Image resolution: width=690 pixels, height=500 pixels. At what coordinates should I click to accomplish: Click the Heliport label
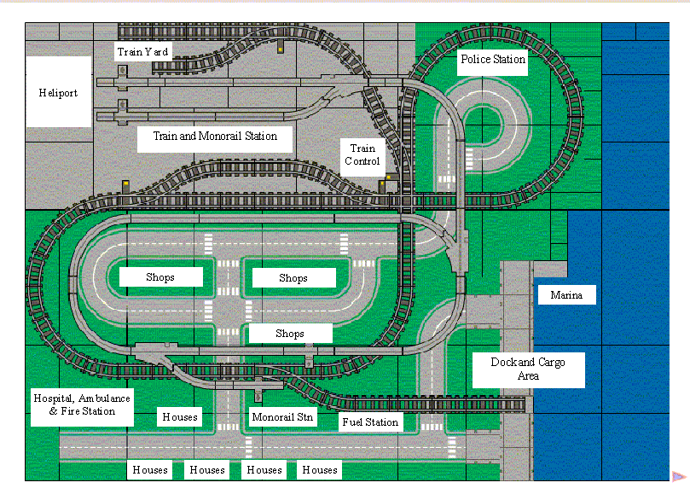pyautogui.click(x=58, y=92)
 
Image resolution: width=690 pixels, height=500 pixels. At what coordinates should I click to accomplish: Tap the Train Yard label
pyautogui.click(x=142, y=51)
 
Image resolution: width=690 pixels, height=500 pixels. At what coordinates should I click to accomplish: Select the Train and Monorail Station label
pyautogui.click(x=215, y=136)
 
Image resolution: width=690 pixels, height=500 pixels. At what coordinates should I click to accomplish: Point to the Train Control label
pyautogui.click(x=362, y=154)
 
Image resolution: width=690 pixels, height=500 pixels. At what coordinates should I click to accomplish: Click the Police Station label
pyautogui.click(x=493, y=59)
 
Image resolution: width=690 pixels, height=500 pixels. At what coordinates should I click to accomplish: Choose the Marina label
pyautogui.click(x=566, y=295)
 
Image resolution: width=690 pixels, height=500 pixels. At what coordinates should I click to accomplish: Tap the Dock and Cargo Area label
pyautogui.click(x=528, y=369)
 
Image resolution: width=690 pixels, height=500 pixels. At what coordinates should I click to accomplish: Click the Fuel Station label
pyautogui.click(x=370, y=422)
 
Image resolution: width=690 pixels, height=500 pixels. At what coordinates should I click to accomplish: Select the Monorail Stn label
pyautogui.click(x=283, y=417)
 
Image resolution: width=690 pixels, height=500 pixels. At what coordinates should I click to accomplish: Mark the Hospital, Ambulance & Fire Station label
pyautogui.click(x=82, y=404)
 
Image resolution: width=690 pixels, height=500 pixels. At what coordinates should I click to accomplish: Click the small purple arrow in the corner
pyautogui.click(x=679, y=476)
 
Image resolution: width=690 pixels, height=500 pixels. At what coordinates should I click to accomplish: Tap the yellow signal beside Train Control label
pyautogui.click(x=388, y=178)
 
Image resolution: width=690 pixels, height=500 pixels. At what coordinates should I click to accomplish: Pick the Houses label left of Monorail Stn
pyautogui.click(x=180, y=417)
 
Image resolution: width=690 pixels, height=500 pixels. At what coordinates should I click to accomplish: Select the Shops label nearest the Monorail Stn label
pyautogui.click(x=290, y=334)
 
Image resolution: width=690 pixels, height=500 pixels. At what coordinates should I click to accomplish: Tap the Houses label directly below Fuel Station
pyautogui.click(x=320, y=469)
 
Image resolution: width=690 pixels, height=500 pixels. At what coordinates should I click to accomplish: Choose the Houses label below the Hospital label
pyautogui.click(x=149, y=469)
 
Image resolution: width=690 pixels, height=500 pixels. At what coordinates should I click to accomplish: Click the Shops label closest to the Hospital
pyautogui.click(x=160, y=277)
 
